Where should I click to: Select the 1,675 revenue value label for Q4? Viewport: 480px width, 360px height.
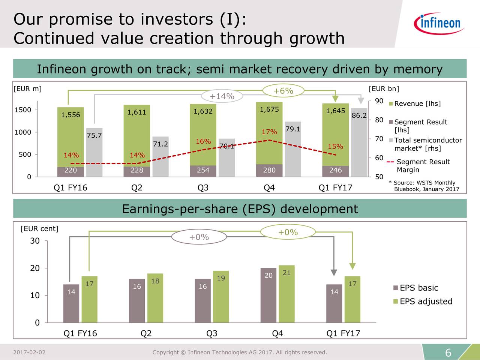(x=269, y=109)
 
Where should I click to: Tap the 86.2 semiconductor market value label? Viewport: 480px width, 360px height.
(x=359, y=115)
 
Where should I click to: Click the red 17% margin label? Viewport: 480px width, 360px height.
(x=269, y=132)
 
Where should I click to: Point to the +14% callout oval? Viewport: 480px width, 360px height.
(x=222, y=96)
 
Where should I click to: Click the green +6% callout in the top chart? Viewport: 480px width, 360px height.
(x=283, y=91)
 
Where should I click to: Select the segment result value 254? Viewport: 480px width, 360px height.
(x=203, y=170)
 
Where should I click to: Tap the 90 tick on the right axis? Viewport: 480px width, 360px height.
(x=379, y=101)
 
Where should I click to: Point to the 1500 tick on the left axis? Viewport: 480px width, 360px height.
(x=22, y=110)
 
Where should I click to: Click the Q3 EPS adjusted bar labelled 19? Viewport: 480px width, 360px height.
(x=221, y=296)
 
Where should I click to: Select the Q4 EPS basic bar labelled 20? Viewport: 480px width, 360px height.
(x=268, y=295)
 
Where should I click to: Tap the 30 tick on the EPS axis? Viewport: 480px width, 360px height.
(x=35, y=241)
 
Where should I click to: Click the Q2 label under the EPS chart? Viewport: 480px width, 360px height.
(x=146, y=333)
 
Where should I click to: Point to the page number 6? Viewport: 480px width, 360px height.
(x=448, y=353)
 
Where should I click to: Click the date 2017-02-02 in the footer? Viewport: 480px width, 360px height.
(x=29, y=352)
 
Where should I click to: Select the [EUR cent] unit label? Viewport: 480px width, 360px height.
(x=39, y=229)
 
